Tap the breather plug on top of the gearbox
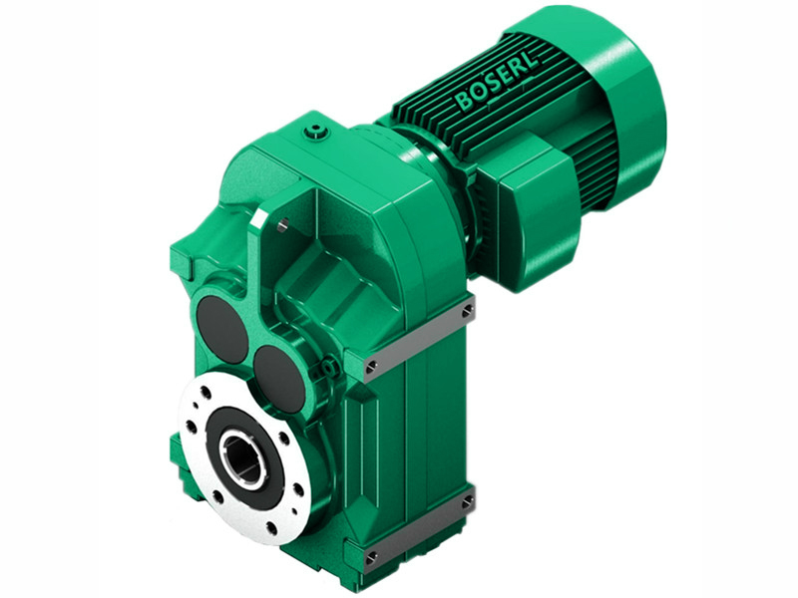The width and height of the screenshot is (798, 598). (x=318, y=130)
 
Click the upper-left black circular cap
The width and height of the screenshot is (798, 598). (x=219, y=329)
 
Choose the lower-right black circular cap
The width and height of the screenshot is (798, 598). (x=279, y=377)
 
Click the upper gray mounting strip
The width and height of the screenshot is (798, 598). (x=419, y=339)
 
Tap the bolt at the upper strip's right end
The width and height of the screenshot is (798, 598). (x=467, y=312)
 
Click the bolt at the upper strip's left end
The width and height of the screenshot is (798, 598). (x=371, y=367)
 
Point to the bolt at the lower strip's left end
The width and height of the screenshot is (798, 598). (x=371, y=554)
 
